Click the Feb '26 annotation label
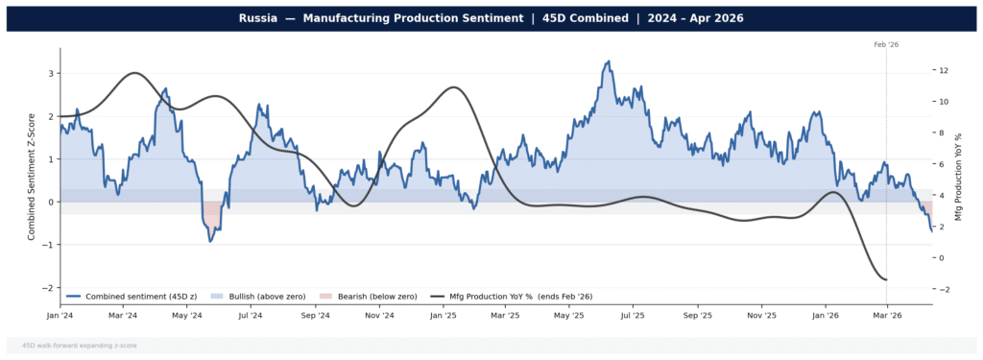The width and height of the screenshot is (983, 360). (x=886, y=44)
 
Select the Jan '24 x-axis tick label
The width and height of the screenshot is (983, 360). (x=60, y=315)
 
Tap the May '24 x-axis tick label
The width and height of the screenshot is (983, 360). (x=186, y=315)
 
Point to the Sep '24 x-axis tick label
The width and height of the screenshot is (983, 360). (x=315, y=315)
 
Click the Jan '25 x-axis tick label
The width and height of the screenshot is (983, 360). (x=443, y=315)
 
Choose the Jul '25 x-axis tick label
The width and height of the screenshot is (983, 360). (x=632, y=315)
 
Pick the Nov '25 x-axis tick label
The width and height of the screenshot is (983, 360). (x=760, y=315)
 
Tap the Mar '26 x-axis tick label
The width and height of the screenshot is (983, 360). (x=886, y=315)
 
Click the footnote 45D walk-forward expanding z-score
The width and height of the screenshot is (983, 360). (x=75, y=345)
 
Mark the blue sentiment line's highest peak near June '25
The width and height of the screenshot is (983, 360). (x=608, y=61)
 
